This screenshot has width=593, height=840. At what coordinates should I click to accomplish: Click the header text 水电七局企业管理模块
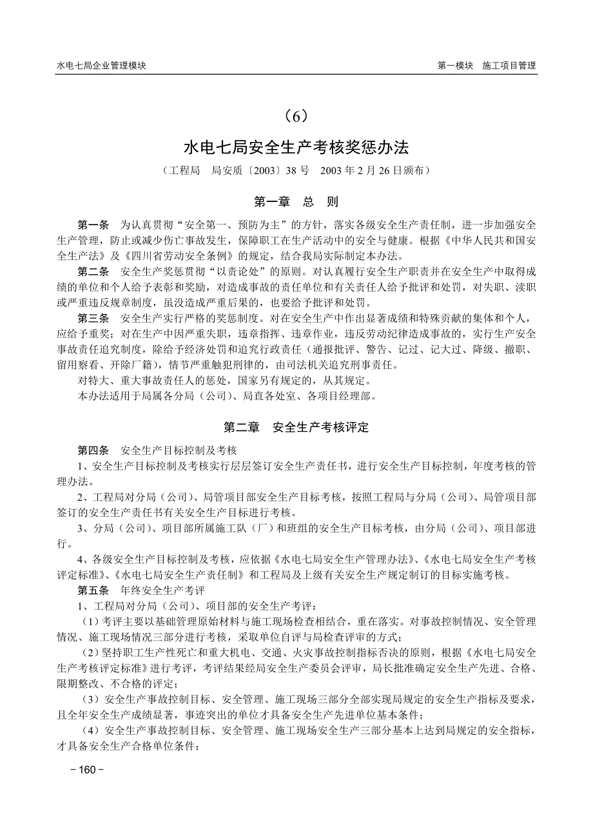[101, 65]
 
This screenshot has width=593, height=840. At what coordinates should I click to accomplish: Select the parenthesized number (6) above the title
[296, 116]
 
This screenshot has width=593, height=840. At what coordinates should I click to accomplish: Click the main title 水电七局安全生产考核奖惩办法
[296, 148]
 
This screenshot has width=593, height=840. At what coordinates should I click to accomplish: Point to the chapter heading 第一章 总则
[296, 202]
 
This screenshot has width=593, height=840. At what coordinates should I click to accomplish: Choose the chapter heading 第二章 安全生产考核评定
[296, 427]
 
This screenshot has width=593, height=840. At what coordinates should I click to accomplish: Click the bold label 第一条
[93, 225]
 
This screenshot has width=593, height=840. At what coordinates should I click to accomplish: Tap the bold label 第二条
[93, 272]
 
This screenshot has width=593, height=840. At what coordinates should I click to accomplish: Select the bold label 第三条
[93, 319]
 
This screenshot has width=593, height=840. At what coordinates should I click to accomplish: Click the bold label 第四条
[93, 450]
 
